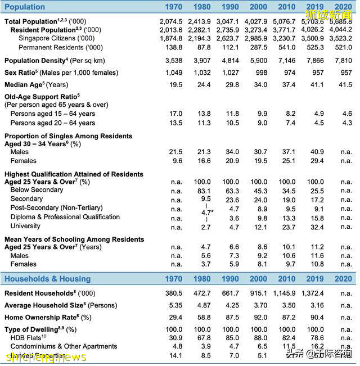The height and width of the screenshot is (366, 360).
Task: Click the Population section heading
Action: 25,7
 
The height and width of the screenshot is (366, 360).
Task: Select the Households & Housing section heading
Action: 49,279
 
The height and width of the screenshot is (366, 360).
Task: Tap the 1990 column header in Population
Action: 230,7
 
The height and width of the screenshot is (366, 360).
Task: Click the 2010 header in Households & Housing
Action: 287,279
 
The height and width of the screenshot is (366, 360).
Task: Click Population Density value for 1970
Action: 175,60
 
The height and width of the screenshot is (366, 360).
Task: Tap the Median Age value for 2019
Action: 317,84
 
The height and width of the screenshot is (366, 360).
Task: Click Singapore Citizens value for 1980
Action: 202,38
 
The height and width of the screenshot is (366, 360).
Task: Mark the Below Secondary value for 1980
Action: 206,191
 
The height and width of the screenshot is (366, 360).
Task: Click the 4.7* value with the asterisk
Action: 208,213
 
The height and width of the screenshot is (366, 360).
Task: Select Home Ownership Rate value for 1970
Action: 175,317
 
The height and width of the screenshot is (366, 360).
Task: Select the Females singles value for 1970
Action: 177,161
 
